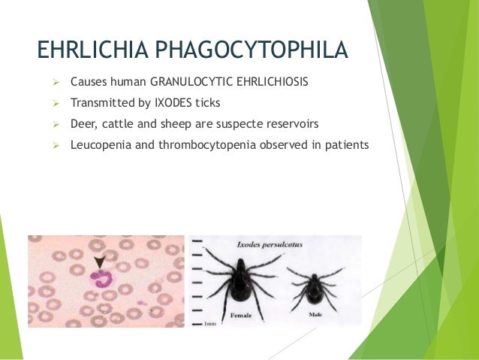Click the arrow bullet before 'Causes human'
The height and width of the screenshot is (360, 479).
click(55, 80)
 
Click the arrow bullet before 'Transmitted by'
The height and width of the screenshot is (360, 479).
click(55, 101)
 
